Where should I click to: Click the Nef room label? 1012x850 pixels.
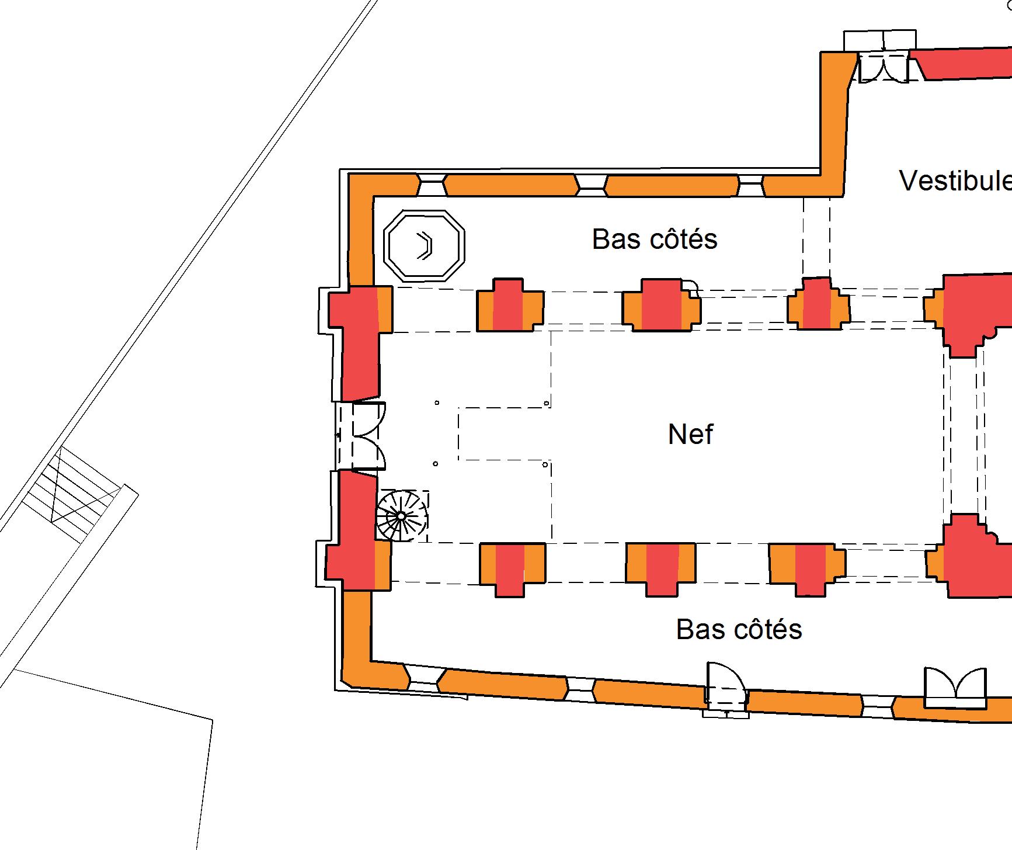[690, 435]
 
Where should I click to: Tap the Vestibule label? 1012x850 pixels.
[955, 181]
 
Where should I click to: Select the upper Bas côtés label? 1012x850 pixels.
[655, 240]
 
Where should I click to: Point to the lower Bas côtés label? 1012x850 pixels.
[739, 629]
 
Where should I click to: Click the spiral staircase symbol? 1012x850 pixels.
[402, 516]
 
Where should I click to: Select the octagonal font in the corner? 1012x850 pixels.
[425, 245]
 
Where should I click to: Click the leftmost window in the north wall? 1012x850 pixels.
[431, 186]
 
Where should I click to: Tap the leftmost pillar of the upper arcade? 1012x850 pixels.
[510, 306]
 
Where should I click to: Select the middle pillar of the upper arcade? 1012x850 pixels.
[661, 306]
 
